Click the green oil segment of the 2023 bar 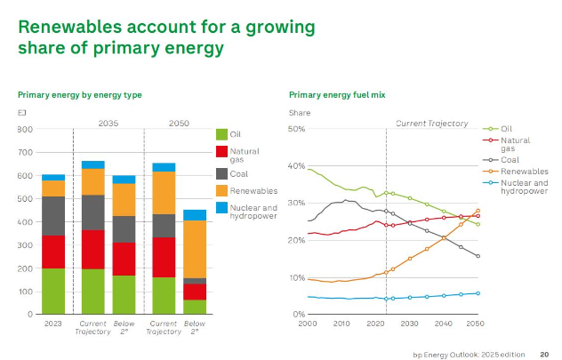tap(53, 292)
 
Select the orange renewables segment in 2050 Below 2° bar tap(195, 249)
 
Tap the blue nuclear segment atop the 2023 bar tap(53, 177)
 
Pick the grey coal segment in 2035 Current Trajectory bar tap(93, 212)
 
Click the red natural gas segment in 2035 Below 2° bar tap(124, 259)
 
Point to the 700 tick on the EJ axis tap(25, 153)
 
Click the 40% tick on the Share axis tap(296, 166)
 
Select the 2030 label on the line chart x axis tap(409, 324)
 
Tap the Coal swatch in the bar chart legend tap(221, 173)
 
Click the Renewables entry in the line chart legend tap(516, 172)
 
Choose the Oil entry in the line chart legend tap(498, 129)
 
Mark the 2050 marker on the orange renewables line tap(478, 211)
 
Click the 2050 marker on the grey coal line tap(478, 256)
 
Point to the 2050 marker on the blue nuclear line tap(478, 293)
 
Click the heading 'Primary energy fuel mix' tap(337, 95)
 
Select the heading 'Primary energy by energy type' tap(80, 95)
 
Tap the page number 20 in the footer tap(544, 355)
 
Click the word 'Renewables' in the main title tap(70, 27)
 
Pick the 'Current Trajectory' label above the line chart tap(432, 124)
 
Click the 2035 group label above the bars tap(108, 124)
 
